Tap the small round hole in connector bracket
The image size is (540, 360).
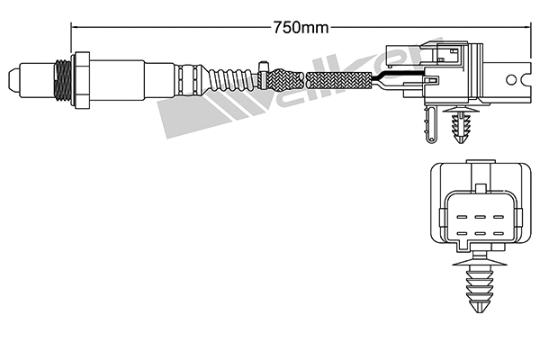[517, 76]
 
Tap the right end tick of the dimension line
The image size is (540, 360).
[527, 27]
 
